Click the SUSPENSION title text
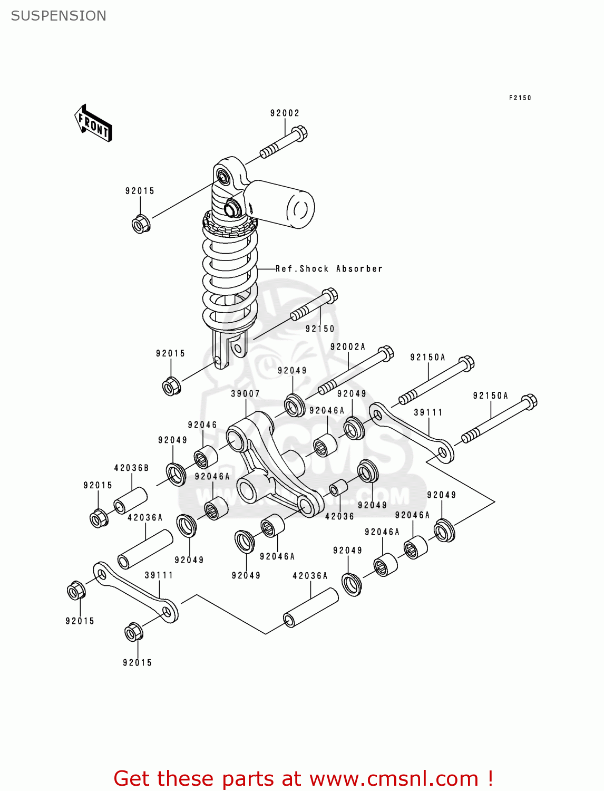[59, 16]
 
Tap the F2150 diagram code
[520, 98]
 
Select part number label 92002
[285, 113]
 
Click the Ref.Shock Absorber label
[329, 268]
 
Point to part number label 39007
[245, 393]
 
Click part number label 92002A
[347, 346]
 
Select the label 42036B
[131, 468]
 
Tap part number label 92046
[202, 425]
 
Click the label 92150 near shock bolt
[320, 329]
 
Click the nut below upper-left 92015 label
[141, 224]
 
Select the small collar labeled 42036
[338, 487]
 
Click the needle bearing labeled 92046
[205, 457]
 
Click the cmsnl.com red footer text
[303, 778]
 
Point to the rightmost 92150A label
[490, 395]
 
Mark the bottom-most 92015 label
[137, 662]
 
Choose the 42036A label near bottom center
[310, 576]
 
